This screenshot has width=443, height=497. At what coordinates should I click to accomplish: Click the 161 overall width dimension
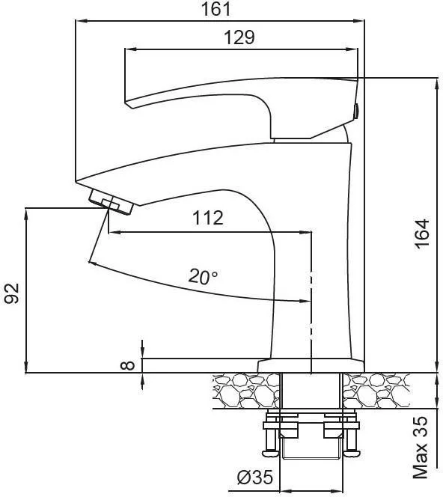click(216, 9)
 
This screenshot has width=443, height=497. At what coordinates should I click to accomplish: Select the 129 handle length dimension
click(239, 37)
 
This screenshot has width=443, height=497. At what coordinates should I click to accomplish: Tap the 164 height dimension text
click(422, 234)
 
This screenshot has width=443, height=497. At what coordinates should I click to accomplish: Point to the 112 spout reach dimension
click(208, 218)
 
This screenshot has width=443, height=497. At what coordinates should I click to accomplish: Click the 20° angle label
click(203, 276)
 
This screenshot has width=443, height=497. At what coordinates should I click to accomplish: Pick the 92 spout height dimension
click(12, 293)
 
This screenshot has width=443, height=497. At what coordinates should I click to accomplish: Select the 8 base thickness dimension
click(128, 365)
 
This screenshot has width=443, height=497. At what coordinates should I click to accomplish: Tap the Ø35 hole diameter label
click(255, 478)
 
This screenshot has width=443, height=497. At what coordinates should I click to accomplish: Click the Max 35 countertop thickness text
click(421, 448)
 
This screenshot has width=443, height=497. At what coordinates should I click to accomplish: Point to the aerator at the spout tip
click(111, 202)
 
